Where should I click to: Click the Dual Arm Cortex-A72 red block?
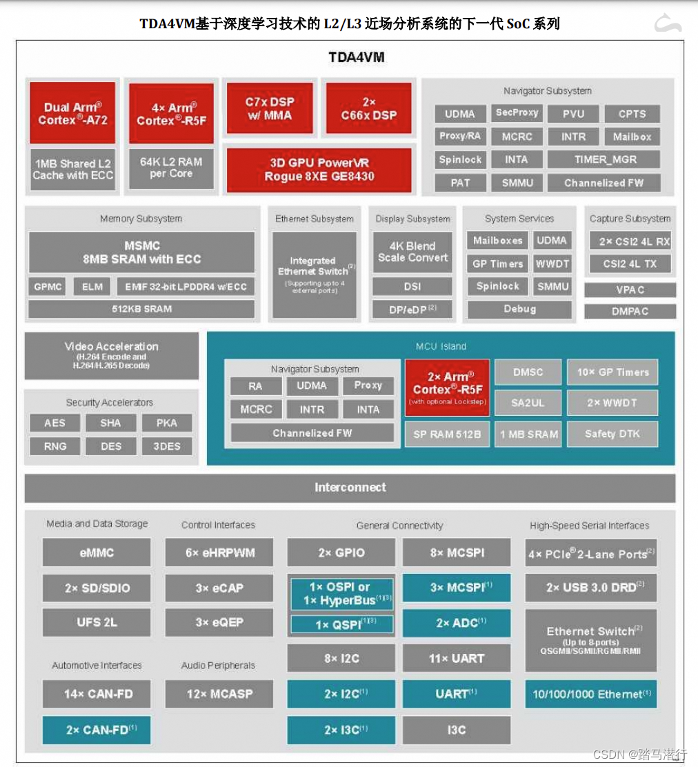(x=72, y=113)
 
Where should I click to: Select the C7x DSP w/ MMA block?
(x=270, y=108)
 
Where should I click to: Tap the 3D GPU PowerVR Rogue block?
(x=319, y=170)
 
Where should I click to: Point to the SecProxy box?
(x=517, y=113)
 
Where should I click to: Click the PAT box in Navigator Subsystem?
(x=460, y=183)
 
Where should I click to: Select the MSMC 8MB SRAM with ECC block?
(x=142, y=252)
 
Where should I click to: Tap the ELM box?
(x=92, y=287)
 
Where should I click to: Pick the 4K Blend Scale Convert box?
(x=412, y=252)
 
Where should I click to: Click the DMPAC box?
(x=630, y=311)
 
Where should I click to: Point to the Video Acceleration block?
(x=112, y=355)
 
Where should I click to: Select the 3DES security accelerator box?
(x=166, y=446)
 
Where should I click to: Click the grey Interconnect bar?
(x=350, y=488)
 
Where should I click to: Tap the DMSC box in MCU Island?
(x=528, y=372)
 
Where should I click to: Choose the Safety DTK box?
(x=612, y=434)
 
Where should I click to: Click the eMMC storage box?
(x=97, y=552)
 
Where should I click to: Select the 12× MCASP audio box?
(x=219, y=694)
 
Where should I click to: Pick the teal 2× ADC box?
(x=457, y=623)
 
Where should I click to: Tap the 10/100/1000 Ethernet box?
(x=590, y=694)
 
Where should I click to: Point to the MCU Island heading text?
(x=441, y=346)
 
